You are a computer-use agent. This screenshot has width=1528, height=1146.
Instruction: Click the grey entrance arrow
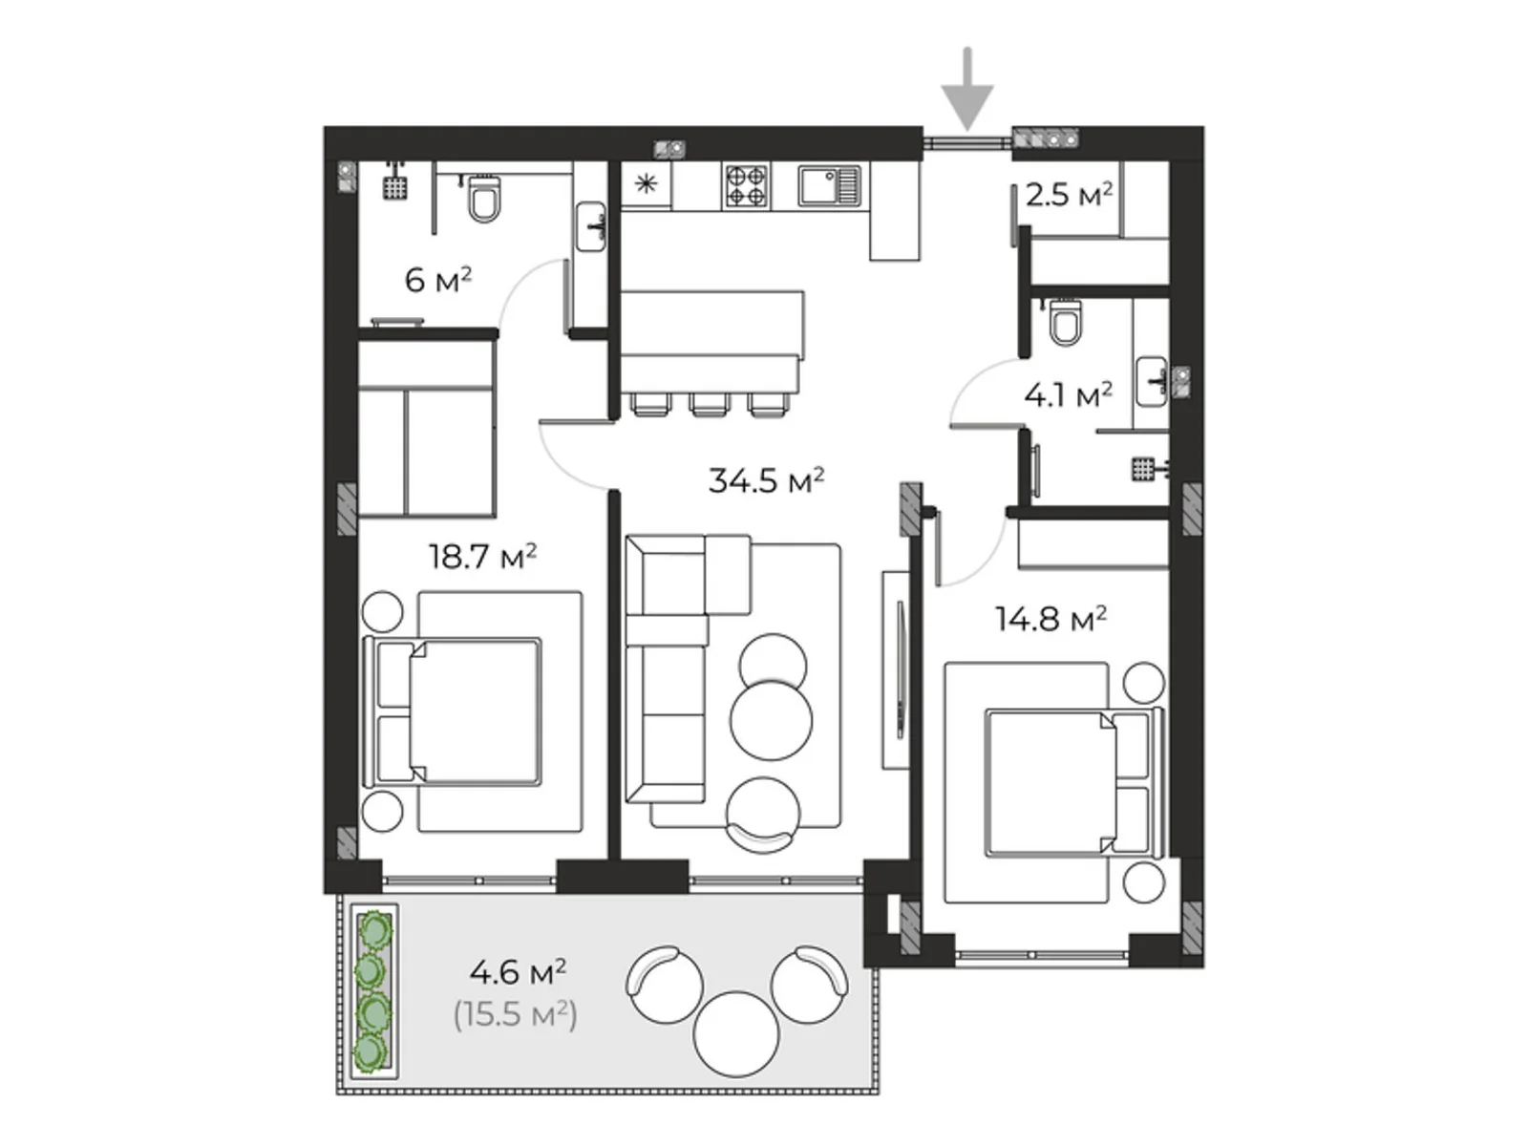pos(966,89)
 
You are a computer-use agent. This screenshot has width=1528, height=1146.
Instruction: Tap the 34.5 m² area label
pos(766,480)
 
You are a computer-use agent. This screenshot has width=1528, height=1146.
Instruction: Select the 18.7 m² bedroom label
pos(482,557)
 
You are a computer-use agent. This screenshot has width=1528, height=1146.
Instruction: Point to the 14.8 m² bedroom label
pos(1050,619)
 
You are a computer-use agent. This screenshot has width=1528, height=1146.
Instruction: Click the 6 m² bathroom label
pos(437,281)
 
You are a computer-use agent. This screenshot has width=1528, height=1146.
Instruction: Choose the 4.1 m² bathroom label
pos(1068,395)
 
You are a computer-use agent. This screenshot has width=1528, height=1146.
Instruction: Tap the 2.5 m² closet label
pos(1069,195)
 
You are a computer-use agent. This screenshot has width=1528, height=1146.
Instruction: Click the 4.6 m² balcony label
pos(518,972)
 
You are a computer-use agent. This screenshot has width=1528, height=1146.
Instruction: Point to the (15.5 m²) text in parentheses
pos(515,1014)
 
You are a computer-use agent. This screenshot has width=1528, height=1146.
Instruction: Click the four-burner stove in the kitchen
pos(746,185)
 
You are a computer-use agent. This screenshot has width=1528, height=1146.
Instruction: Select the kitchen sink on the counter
pos(829,185)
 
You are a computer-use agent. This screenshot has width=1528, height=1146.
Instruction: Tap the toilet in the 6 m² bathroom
pos(484,199)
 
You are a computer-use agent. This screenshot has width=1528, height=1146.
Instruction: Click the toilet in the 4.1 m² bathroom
pos(1065,322)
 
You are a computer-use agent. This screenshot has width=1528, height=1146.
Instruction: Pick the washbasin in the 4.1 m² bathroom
pos(1152,381)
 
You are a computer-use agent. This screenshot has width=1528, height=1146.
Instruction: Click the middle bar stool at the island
pos(710,404)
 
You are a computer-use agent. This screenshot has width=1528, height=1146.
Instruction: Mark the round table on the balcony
pos(735,1034)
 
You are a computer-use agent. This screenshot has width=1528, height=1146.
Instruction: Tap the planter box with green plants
pos(374,991)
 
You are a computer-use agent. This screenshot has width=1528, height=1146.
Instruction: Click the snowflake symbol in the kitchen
pos(647,183)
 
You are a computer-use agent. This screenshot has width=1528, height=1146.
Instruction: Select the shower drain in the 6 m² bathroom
pos(395,187)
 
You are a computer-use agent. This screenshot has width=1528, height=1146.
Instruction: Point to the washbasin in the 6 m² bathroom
pos(591,227)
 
